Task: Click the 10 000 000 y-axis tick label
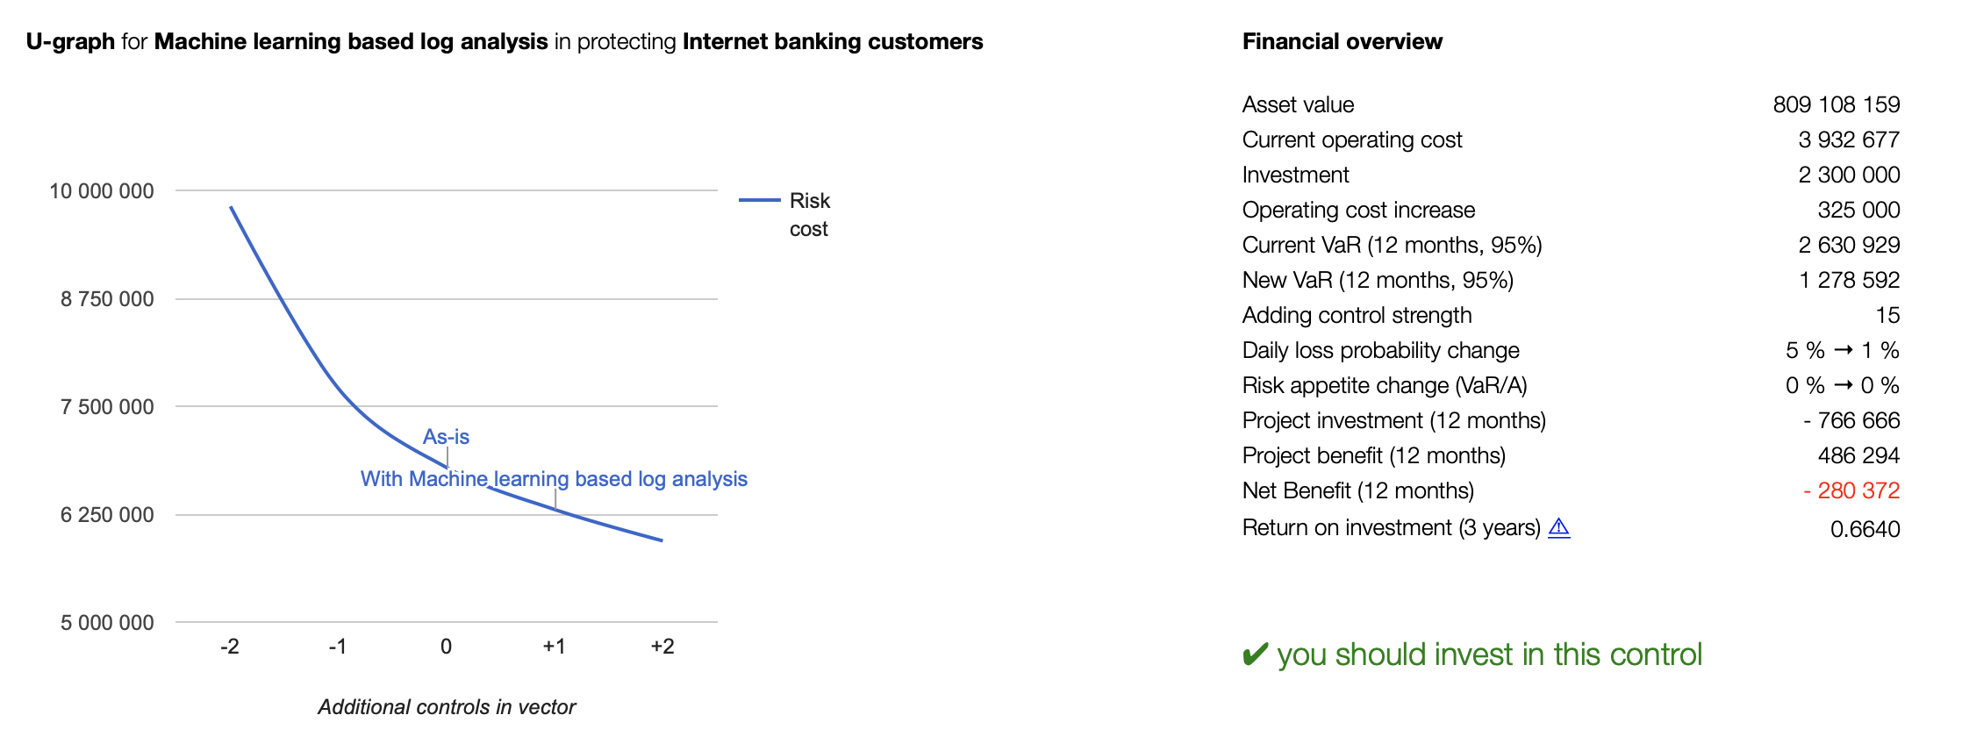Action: tap(101, 191)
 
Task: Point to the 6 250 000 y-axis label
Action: tap(107, 515)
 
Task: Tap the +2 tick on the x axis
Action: tap(662, 647)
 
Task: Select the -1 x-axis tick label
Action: tap(338, 647)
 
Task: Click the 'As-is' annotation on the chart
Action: tap(446, 437)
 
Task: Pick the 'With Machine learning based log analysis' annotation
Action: tap(554, 479)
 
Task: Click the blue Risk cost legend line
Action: tap(759, 200)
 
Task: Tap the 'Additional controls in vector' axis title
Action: tap(447, 707)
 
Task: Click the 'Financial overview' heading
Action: tap(1343, 41)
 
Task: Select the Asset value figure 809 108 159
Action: tap(1837, 104)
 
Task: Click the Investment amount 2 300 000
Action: tap(1849, 175)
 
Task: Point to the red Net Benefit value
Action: tap(1851, 490)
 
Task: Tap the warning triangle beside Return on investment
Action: tap(1558, 527)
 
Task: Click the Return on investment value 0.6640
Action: tap(1865, 529)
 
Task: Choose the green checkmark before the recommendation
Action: tap(1256, 654)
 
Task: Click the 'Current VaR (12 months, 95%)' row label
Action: tap(1393, 245)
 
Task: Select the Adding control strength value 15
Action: tap(1887, 315)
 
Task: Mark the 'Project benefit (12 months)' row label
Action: tap(1374, 455)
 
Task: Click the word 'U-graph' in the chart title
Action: tap(70, 41)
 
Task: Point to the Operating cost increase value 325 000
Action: tap(1858, 210)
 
